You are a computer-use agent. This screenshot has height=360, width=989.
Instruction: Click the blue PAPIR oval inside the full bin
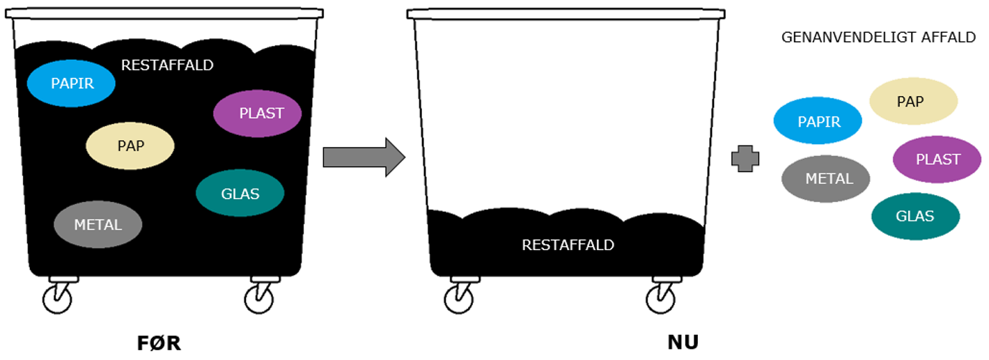(x=71, y=84)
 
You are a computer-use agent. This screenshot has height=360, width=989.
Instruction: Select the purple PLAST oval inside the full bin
(x=258, y=114)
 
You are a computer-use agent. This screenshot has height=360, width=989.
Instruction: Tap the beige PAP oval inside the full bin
(x=130, y=146)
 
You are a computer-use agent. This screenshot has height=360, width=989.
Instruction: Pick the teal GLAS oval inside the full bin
(x=240, y=193)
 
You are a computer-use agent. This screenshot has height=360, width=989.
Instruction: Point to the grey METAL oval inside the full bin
(x=98, y=224)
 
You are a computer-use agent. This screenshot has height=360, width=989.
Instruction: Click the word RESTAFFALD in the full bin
(x=167, y=65)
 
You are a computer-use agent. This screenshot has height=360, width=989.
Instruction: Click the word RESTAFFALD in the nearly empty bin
(x=568, y=245)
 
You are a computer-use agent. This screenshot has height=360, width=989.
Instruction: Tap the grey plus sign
(x=745, y=159)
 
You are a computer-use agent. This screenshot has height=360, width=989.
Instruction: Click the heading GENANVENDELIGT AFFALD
(x=878, y=38)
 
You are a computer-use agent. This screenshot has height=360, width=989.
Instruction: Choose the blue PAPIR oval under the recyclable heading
(x=818, y=121)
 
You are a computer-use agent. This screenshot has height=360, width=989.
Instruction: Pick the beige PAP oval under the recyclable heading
(x=913, y=102)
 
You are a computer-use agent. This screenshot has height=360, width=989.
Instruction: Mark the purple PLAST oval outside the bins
(x=937, y=159)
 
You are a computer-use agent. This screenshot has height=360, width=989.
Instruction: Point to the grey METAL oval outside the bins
(x=826, y=179)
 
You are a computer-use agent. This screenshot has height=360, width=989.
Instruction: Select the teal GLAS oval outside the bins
(x=915, y=216)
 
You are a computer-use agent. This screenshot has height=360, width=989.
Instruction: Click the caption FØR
(x=158, y=343)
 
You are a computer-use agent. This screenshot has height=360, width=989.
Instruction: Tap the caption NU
(x=683, y=343)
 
